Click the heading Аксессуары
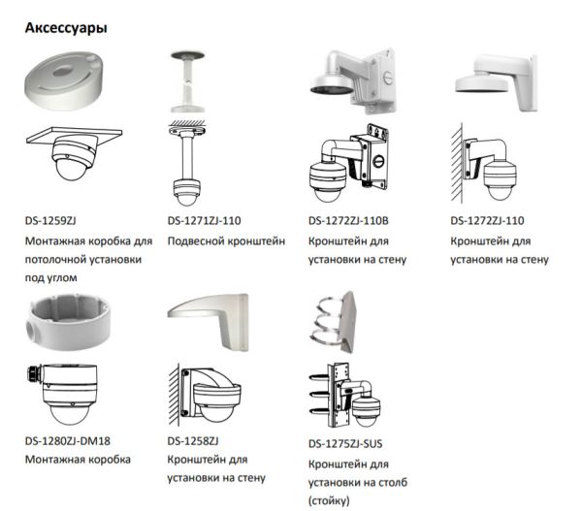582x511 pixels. click(x=66, y=28)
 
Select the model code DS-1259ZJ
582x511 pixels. click(x=50, y=221)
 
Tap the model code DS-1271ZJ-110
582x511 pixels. click(x=204, y=221)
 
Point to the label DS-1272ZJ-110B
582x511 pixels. click(x=348, y=221)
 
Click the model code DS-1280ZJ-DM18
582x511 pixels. click(x=68, y=441)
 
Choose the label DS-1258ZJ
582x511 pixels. click(x=193, y=441)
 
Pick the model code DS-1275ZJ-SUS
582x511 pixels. click(x=345, y=443)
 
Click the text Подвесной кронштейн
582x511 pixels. click(x=226, y=241)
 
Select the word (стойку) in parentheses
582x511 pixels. click(x=329, y=501)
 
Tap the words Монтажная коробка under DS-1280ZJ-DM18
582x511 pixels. click(x=78, y=460)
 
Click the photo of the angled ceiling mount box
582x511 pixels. click(x=64, y=80)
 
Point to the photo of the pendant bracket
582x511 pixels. click(x=187, y=81)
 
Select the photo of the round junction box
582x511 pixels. click(x=68, y=322)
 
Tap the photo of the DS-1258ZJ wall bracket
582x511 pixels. click(x=208, y=322)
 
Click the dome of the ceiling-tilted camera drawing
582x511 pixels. click(x=70, y=170)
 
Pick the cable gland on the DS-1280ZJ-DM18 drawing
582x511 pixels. click(x=34, y=373)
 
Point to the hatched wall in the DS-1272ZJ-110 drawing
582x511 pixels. click(x=457, y=163)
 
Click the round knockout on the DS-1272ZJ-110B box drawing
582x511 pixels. click(x=378, y=161)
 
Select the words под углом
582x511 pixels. click(x=51, y=278)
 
